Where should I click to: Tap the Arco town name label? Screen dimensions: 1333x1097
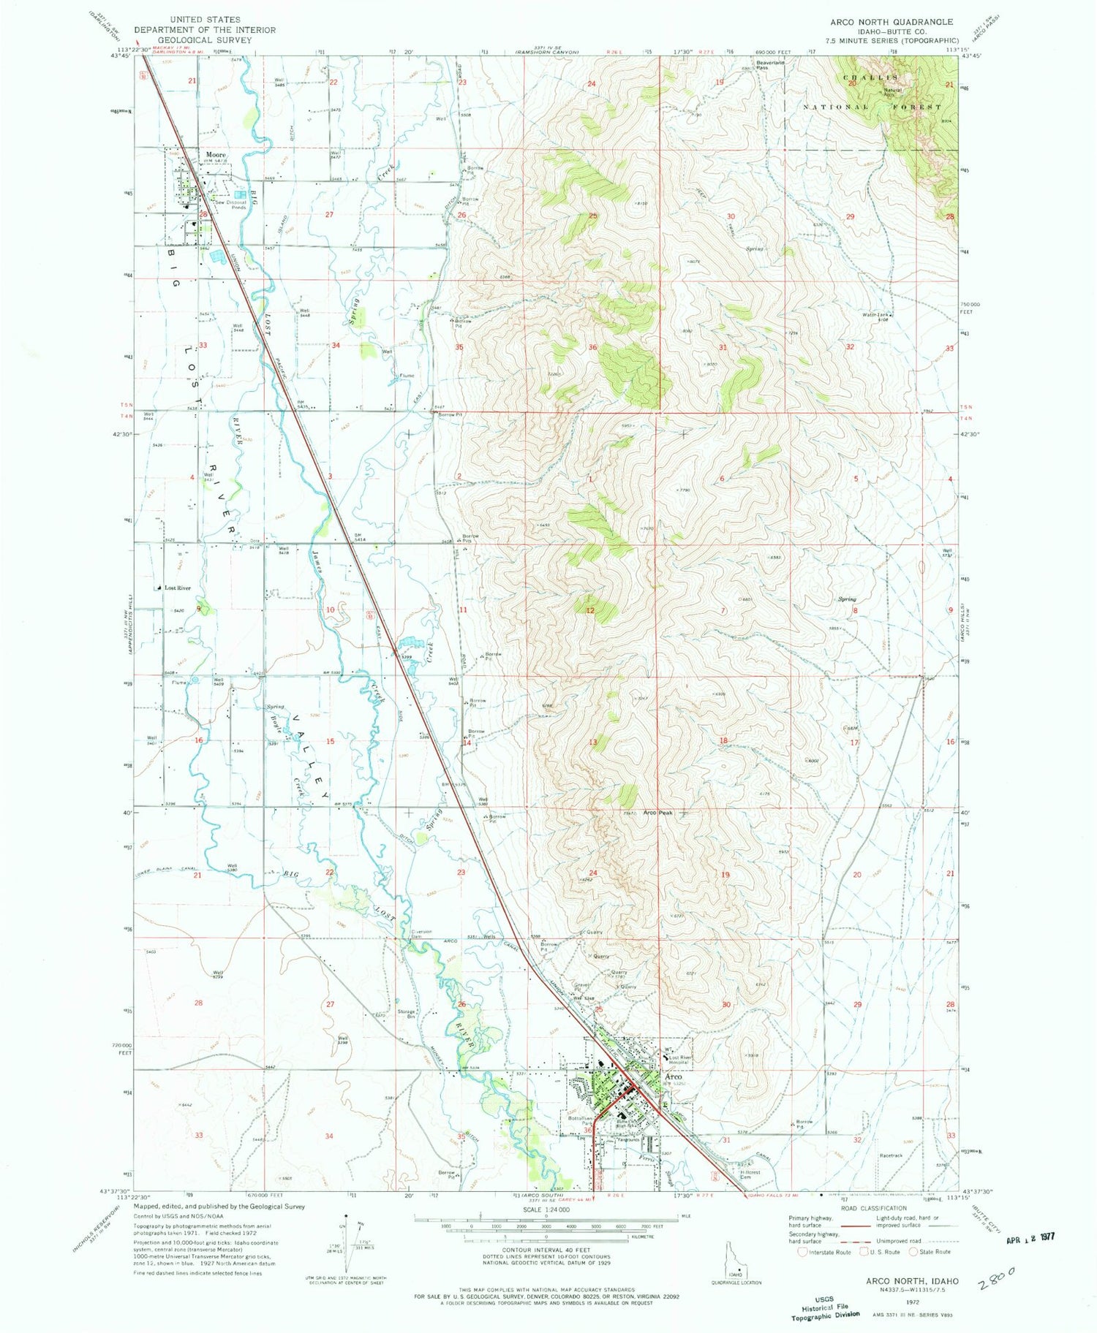tap(673, 1077)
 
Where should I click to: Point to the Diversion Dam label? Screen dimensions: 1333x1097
tap(421, 933)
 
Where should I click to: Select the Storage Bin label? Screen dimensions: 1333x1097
tap(406, 1014)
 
